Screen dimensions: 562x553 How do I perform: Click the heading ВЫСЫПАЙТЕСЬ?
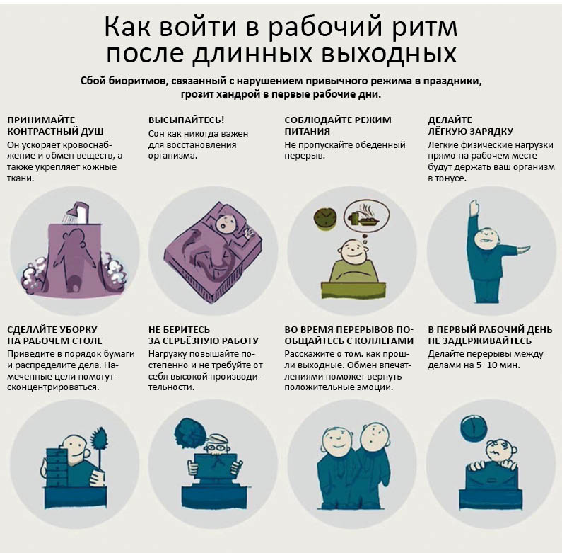[187, 120]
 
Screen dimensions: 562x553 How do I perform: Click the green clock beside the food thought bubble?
[325, 218]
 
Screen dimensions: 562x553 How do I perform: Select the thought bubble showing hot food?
[366, 217]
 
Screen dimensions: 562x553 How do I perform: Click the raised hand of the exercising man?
[474, 207]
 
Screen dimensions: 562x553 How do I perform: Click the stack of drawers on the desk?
[57, 467]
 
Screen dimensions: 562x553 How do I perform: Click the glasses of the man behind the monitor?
[215, 447]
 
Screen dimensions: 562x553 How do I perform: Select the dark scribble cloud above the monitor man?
[190, 433]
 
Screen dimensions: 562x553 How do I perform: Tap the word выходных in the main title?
[388, 55]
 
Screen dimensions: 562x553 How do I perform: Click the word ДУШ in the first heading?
[92, 132]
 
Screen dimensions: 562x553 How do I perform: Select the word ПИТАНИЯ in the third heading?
[308, 132]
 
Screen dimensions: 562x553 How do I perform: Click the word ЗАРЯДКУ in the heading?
[492, 132]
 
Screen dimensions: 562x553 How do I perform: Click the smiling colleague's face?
[337, 440]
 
